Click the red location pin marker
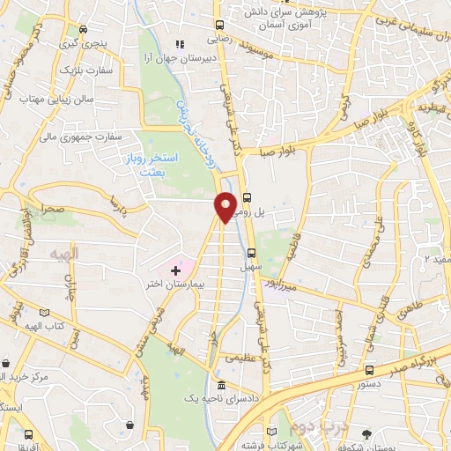(x=226, y=207)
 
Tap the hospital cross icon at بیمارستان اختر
(x=175, y=268)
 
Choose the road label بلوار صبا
(x=277, y=152)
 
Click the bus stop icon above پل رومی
(x=247, y=197)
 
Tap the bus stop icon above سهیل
(x=252, y=253)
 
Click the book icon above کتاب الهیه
(x=45, y=312)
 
